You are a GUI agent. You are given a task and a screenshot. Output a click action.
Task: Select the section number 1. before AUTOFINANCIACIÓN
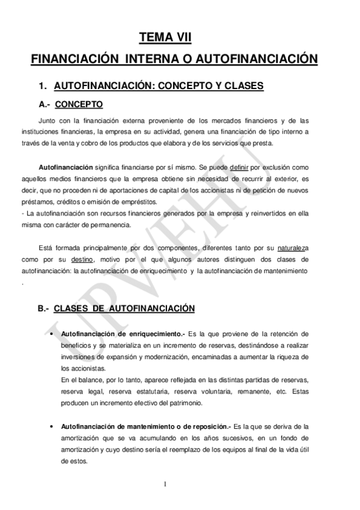43,86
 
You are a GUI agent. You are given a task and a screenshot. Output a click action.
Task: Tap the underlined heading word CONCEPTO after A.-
79,105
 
